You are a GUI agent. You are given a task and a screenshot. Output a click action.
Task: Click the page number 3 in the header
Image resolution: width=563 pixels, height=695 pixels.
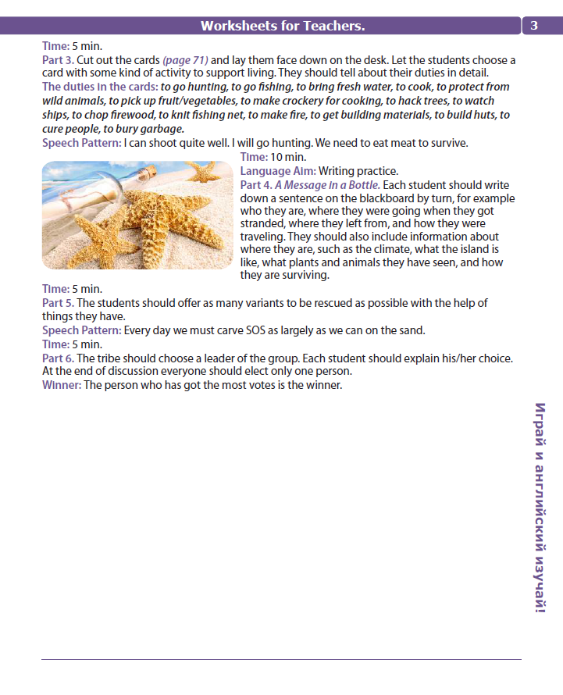[x=534, y=25]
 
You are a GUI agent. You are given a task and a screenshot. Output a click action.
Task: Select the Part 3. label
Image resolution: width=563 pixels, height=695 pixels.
[x=58, y=60]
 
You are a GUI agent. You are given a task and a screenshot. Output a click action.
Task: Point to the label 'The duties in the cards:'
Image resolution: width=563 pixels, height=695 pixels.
[x=100, y=87]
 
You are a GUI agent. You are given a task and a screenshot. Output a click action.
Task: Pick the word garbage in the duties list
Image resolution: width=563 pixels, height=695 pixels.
[x=163, y=129]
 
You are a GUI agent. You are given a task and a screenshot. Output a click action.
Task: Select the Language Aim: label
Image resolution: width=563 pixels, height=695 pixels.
[x=277, y=171]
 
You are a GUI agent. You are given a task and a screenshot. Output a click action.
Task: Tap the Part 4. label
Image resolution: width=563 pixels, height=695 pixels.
[x=256, y=185]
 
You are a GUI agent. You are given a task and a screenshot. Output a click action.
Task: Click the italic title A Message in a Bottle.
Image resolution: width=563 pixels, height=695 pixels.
[x=327, y=185]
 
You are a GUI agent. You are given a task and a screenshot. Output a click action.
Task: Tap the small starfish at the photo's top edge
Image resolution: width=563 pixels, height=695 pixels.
[x=205, y=169]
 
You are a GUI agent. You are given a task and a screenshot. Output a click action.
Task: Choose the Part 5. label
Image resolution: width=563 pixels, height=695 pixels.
[x=58, y=303]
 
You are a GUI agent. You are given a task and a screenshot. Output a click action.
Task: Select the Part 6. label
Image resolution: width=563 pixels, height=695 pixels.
[x=58, y=358]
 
